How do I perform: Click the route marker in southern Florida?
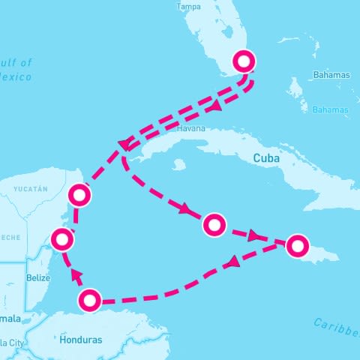pyautogui.click(x=245, y=61)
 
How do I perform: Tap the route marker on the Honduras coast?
pyautogui.click(x=90, y=301)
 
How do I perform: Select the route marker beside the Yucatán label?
pyautogui.click(x=79, y=196)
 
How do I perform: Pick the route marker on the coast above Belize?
pyautogui.click(x=62, y=240)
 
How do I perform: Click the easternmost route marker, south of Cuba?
pyautogui.click(x=298, y=245)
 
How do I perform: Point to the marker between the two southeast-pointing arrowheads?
pyautogui.click(x=214, y=223)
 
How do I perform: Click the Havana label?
pyautogui.click(x=190, y=129)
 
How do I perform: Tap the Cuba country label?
pyautogui.click(x=266, y=158)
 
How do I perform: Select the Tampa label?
pyautogui.click(x=188, y=7)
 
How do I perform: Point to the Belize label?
pyautogui.click(x=37, y=277)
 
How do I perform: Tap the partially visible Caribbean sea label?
pyautogui.click(x=337, y=325)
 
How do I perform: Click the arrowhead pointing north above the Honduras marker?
pyautogui.click(x=76, y=277)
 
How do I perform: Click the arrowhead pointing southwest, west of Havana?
pyautogui.click(x=124, y=144)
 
